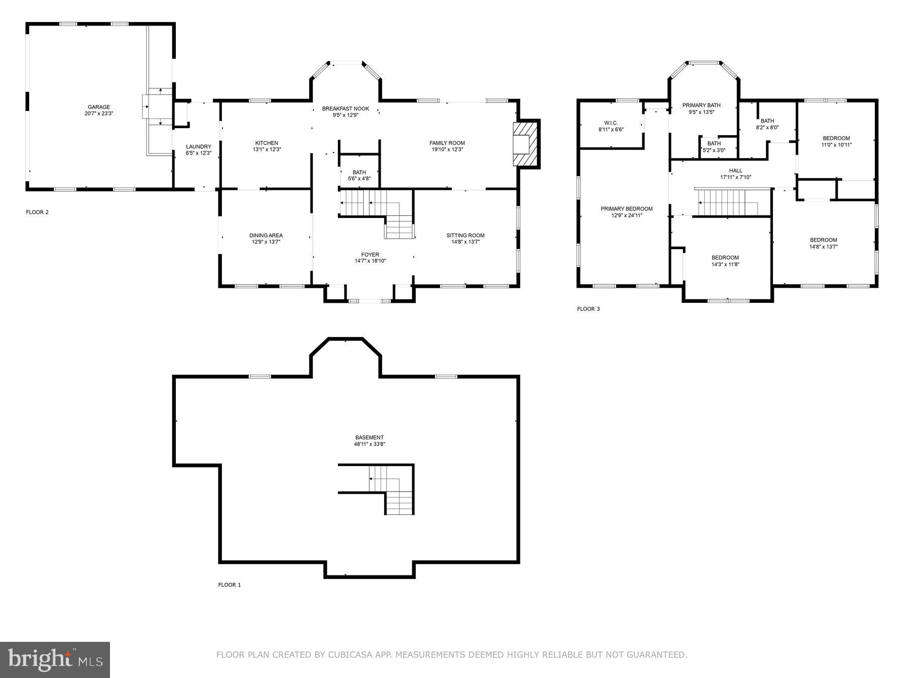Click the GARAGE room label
tap(99, 107)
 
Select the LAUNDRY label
tap(195, 147)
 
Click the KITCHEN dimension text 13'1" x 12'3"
tap(266, 150)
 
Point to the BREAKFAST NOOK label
tap(346, 108)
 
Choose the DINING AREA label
tap(266, 235)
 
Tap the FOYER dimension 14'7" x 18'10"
tap(370, 261)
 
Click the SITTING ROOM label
tap(465, 235)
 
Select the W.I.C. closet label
tap(611, 123)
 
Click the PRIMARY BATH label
tap(701, 105)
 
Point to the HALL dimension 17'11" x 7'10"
tap(735, 177)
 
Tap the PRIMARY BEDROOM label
tap(626, 209)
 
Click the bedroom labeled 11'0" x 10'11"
tap(836, 142)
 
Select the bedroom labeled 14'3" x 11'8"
tap(725, 261)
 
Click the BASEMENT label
tap(370, 437)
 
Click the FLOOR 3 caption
tap(588, 309)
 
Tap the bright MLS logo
tap(55, 659)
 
